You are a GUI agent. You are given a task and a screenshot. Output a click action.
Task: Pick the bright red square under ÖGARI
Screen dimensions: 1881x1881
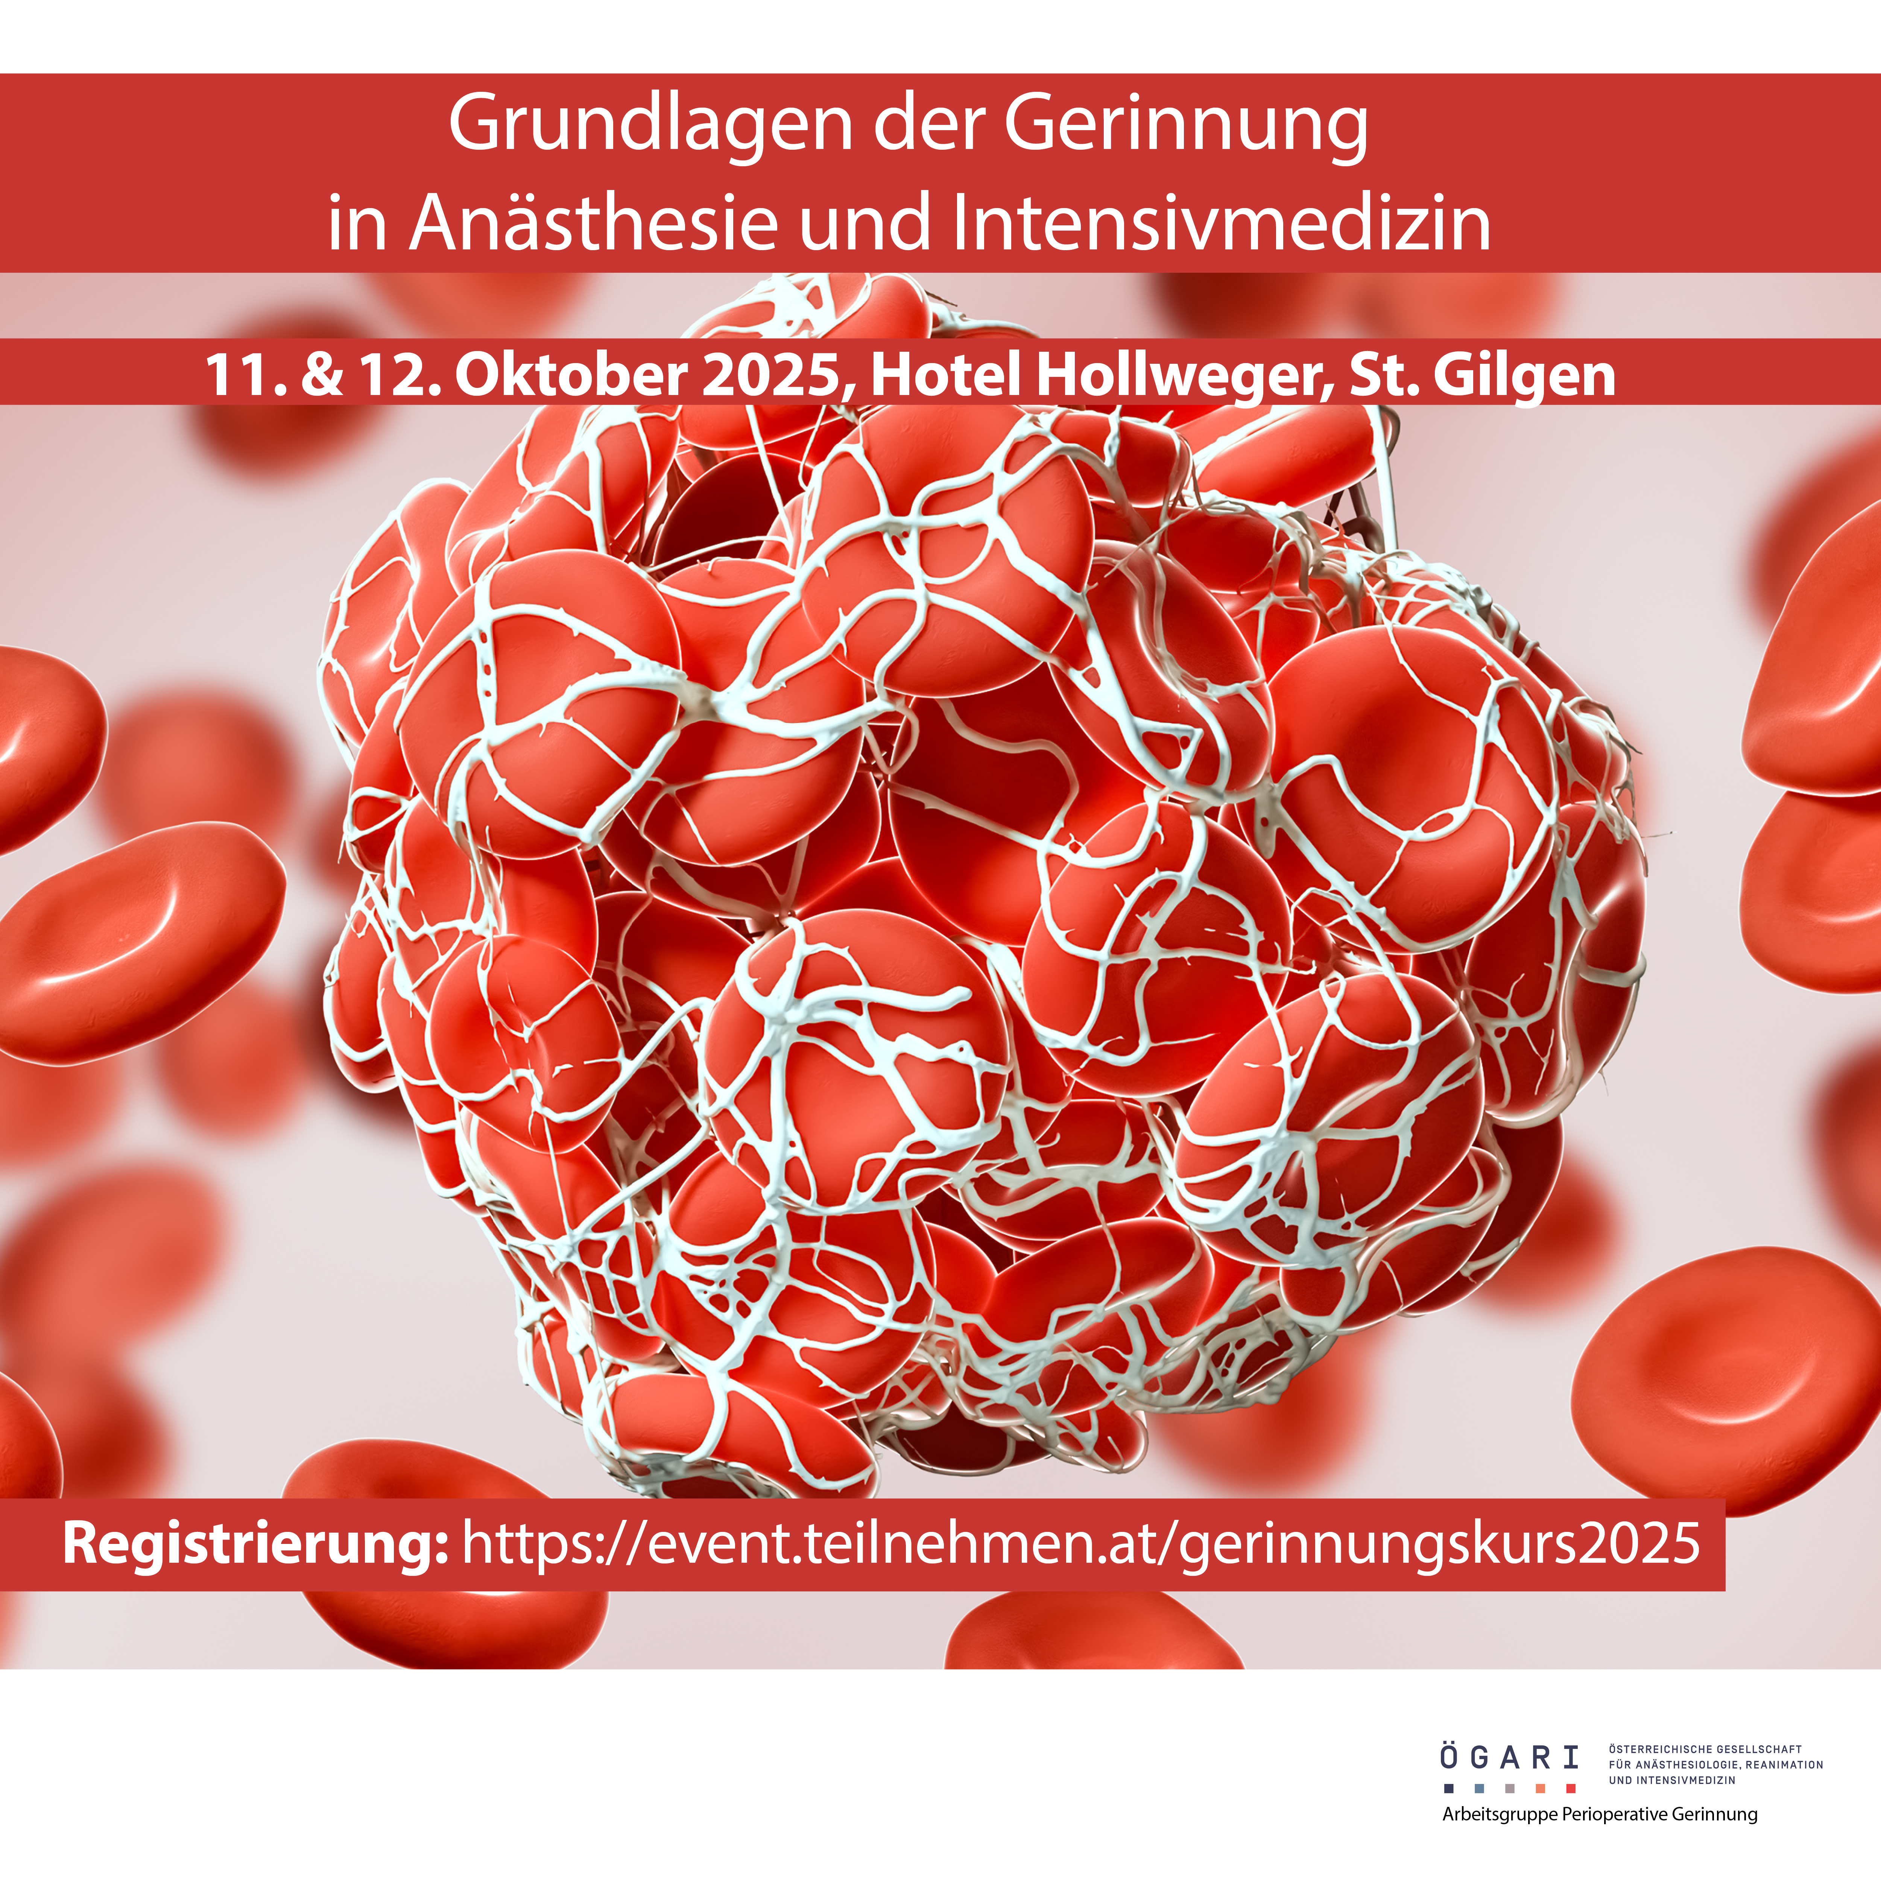tap(1570, 1788)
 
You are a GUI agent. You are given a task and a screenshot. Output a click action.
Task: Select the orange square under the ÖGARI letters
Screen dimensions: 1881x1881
tap(1540, 1788)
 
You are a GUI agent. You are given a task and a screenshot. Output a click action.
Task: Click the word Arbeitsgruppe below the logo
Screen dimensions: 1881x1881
tap(1500, 1815)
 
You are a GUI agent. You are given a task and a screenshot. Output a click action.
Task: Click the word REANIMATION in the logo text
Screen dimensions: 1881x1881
tap(1785, 1765)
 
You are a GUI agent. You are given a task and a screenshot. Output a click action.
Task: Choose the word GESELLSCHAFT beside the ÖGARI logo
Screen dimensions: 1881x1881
tap(1764, 1750)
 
